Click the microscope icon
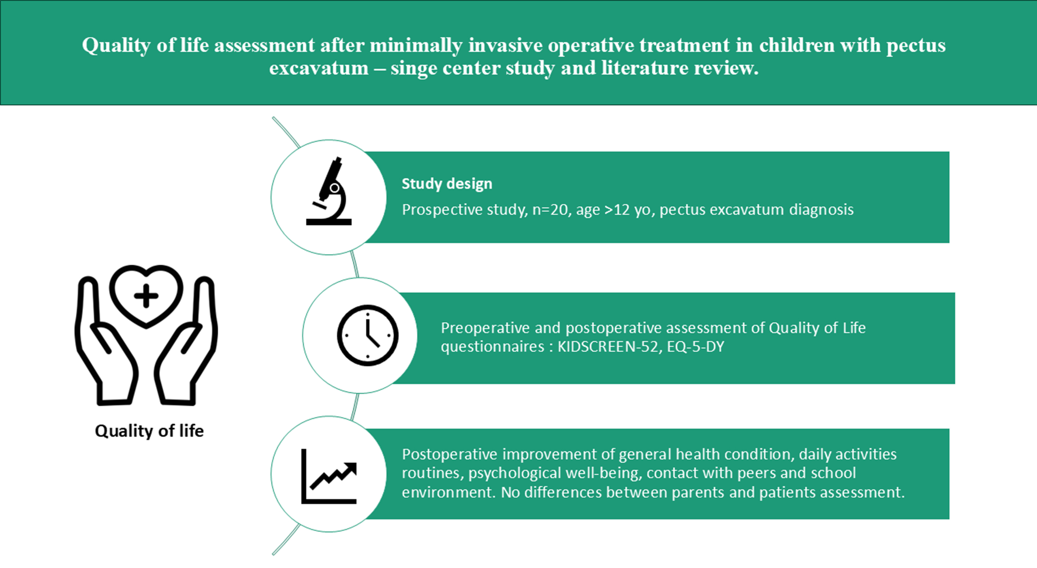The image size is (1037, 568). (x=329, y=191)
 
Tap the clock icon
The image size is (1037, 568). (x=367, y=335)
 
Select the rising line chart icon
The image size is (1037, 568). (x=329, y=476)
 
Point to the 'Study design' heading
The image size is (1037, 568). (x=447, y=184)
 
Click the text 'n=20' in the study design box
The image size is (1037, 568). (x=550, y=209)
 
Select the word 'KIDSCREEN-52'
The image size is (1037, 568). (x=608, y=347)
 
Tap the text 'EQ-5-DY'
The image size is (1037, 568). (x=696, y=347)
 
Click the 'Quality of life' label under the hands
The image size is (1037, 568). (x=149, y=431)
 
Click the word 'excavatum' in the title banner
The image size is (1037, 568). (x=319, y=68)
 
